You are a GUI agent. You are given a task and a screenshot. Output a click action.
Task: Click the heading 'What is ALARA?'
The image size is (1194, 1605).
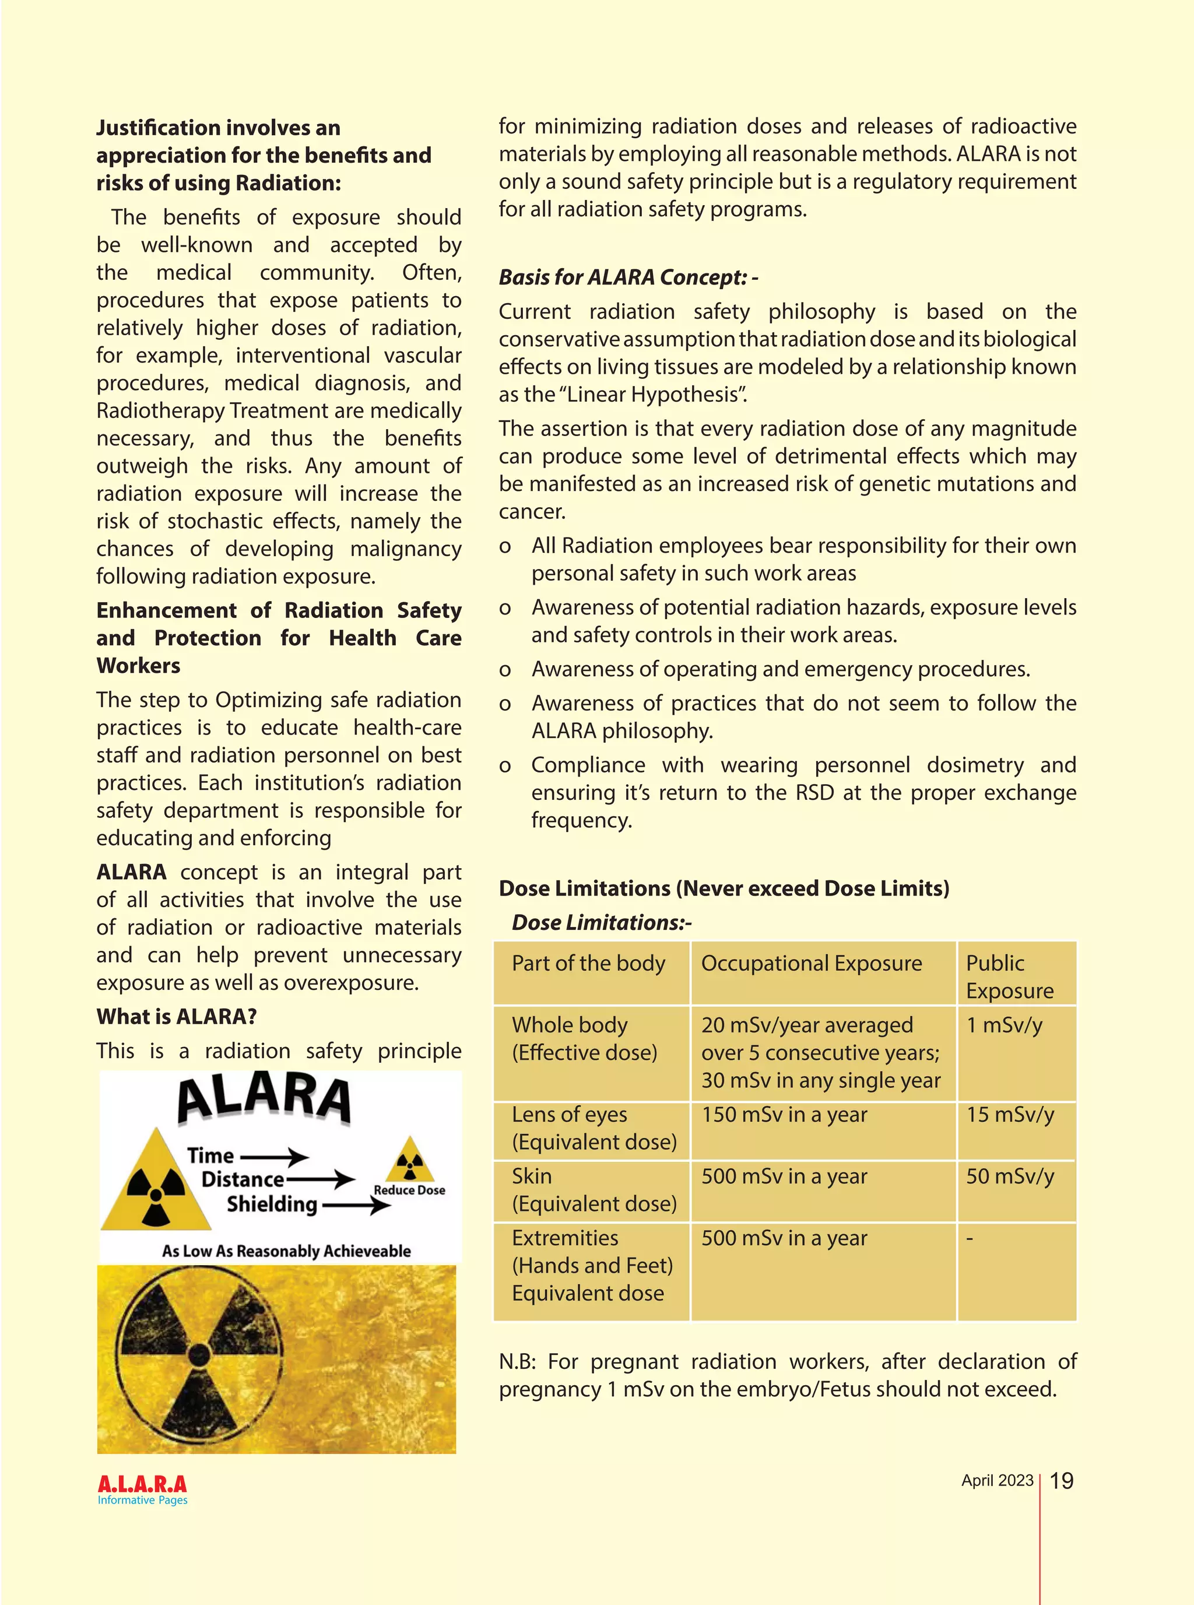point(176,1016)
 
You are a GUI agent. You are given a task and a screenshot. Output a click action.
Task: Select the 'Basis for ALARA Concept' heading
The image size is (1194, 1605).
point(627,277)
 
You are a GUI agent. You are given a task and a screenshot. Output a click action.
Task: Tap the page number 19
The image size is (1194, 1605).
point(1061,1481)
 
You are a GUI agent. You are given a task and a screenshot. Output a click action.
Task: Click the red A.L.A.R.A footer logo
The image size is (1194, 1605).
point(142,1484)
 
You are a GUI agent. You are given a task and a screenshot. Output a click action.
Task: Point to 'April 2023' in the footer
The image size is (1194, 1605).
point(997,1480)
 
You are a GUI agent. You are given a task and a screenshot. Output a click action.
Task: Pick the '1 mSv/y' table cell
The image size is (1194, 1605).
point(1004,1025)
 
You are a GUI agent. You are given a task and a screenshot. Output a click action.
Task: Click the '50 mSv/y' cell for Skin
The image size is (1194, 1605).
point(1010,1176)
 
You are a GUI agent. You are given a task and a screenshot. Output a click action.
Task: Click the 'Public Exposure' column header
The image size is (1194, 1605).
point(1009,977)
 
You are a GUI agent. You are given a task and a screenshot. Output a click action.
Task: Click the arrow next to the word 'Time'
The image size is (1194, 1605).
point(275,1156)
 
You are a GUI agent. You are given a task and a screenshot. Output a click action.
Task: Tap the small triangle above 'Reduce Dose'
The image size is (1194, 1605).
point(410,1160)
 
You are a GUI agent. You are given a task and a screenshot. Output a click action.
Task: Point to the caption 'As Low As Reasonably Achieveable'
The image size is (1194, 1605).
point(286,1251)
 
